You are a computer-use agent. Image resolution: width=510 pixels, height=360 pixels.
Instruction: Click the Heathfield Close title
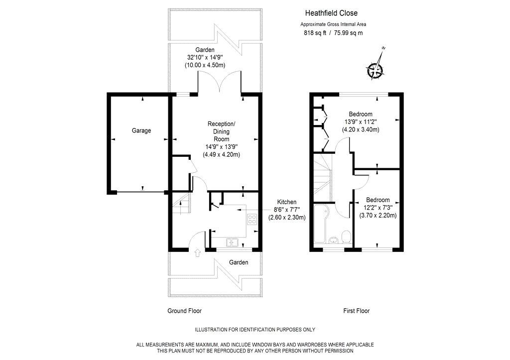coord(331,13)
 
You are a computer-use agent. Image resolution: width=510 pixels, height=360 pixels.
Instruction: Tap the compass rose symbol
coord(375,69)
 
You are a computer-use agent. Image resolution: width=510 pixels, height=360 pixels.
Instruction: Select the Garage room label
coord(141,131)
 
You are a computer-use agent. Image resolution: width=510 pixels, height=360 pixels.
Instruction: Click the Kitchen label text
coord(286,202)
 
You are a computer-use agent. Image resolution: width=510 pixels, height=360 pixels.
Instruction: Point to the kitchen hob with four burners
coord(252,220)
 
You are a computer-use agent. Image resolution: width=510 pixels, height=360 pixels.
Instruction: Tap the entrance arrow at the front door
coord(197,252)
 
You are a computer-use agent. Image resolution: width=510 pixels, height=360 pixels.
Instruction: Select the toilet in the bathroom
coord(347,237)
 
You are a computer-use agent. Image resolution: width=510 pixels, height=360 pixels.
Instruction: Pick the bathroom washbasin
coord(334,240)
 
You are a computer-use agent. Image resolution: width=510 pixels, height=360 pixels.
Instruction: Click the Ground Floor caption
coord(184,311)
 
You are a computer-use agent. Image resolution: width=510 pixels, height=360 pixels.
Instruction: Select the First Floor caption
coord(357,311)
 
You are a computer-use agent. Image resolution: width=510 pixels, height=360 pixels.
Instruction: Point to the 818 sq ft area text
coord(315,33)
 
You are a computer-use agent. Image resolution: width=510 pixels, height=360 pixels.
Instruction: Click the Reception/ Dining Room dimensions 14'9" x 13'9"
coord(222,147)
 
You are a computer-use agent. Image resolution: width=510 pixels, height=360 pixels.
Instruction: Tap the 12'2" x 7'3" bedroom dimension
coord(378,208)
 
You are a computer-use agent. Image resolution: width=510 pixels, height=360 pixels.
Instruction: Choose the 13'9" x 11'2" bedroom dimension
coord(361,122)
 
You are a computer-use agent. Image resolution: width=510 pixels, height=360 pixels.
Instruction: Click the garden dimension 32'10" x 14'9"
coord(205,58)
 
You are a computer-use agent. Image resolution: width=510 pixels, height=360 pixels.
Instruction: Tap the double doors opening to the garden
coord(220,81)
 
